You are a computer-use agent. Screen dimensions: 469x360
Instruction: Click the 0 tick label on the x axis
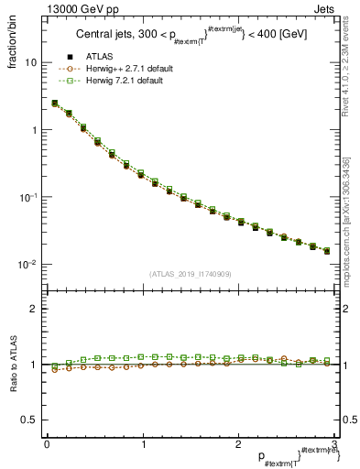[x=47, y=443]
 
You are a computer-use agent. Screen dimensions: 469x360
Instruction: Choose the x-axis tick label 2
[x=237, y=443]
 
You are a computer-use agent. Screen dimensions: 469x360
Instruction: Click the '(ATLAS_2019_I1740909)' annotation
[x=190, y=274]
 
